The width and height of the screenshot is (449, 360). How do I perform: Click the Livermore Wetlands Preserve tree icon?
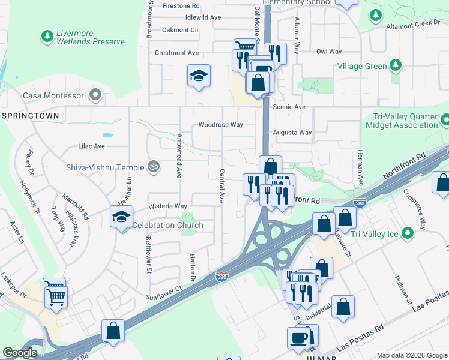(x=47, y=37)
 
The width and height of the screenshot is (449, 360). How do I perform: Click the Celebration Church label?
(x=167, y=226)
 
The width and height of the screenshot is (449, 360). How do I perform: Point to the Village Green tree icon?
(x=395, y=65)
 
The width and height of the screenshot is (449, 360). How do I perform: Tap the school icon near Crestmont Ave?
(x=199, y=76)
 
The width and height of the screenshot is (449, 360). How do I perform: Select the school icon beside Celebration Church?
(x=121, y=216)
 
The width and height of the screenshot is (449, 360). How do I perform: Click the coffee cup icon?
(x=298, y=338)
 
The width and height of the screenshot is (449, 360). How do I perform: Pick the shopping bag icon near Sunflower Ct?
(x=113, y=331)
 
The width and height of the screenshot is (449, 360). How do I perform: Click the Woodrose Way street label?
(x=221, y=125)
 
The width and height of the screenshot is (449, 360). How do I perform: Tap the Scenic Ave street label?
(x=289, y=107)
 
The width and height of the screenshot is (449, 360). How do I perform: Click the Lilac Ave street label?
(x=91, y=146)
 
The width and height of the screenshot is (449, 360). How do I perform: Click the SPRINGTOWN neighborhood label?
(x=31, y=115)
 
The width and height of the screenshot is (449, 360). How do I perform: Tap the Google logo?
(x=20, y=353)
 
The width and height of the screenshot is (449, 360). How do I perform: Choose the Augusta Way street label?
(x=292, y=133)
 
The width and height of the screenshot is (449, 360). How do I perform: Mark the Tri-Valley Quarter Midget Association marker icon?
(x=445, y=120)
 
